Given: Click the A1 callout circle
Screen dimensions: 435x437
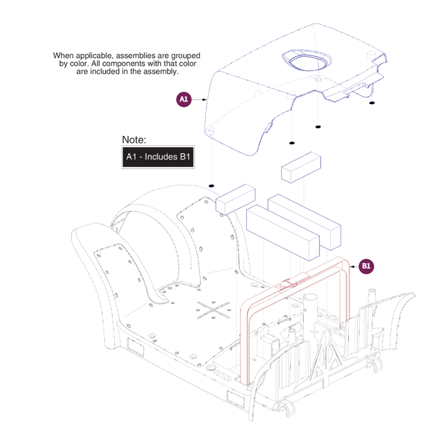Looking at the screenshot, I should (184, 99).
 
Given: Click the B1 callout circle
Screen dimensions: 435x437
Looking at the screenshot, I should (367, 266).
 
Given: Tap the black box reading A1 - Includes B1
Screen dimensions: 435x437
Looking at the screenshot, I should (158, 156).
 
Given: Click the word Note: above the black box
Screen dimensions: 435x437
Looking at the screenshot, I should (134, 140).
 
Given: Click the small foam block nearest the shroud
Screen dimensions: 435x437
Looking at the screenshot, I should (301, 167).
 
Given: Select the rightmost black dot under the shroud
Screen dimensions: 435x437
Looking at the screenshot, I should (372, 103).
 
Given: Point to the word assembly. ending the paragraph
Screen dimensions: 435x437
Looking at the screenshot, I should (164, 72).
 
